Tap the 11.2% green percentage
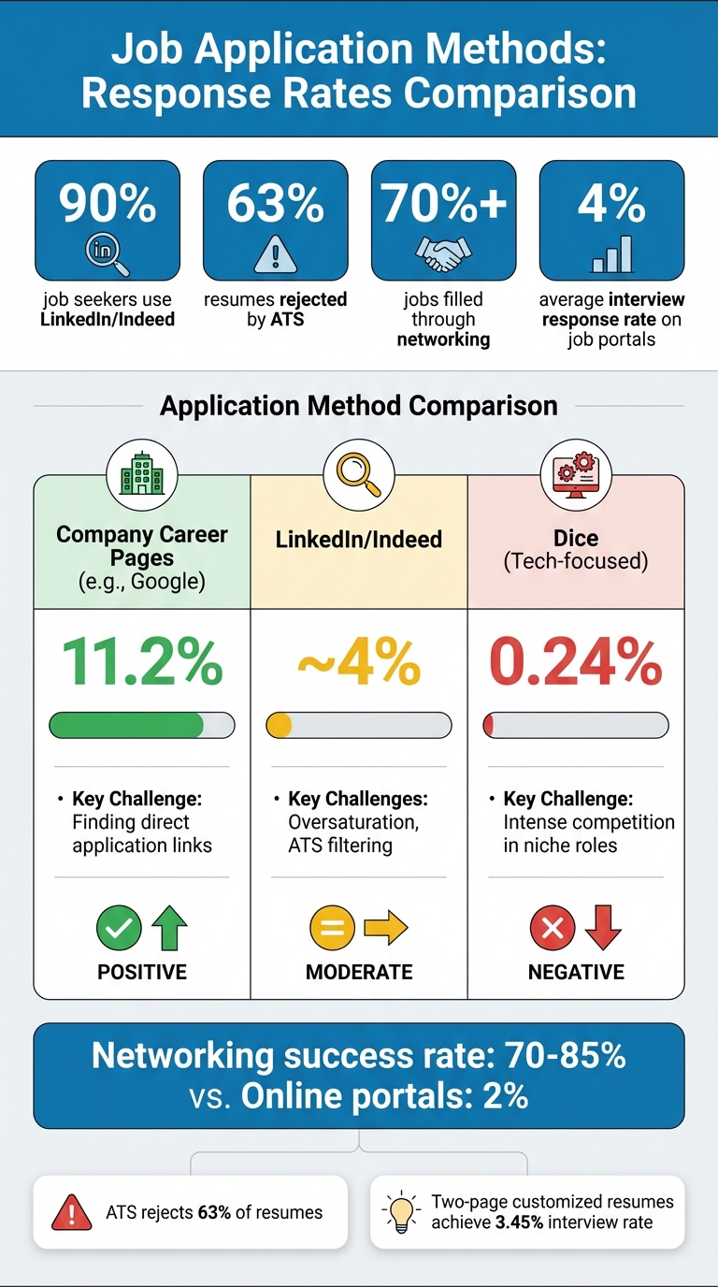click(x=142, y=662)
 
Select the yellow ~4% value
click(x=359, y=662)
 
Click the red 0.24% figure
click(x=576, y=662)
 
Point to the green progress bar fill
click(x=126, y=725)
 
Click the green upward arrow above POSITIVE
click(x=169, y=929)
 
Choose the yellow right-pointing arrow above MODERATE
click(x=385, y=929)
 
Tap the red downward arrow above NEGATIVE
click(x=603, y=929)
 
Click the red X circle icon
click(x=552, y=929)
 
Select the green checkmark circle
click(x=119, y=929)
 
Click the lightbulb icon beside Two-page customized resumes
click(x=402, y=1212)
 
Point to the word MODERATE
click(x=359, y=973)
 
